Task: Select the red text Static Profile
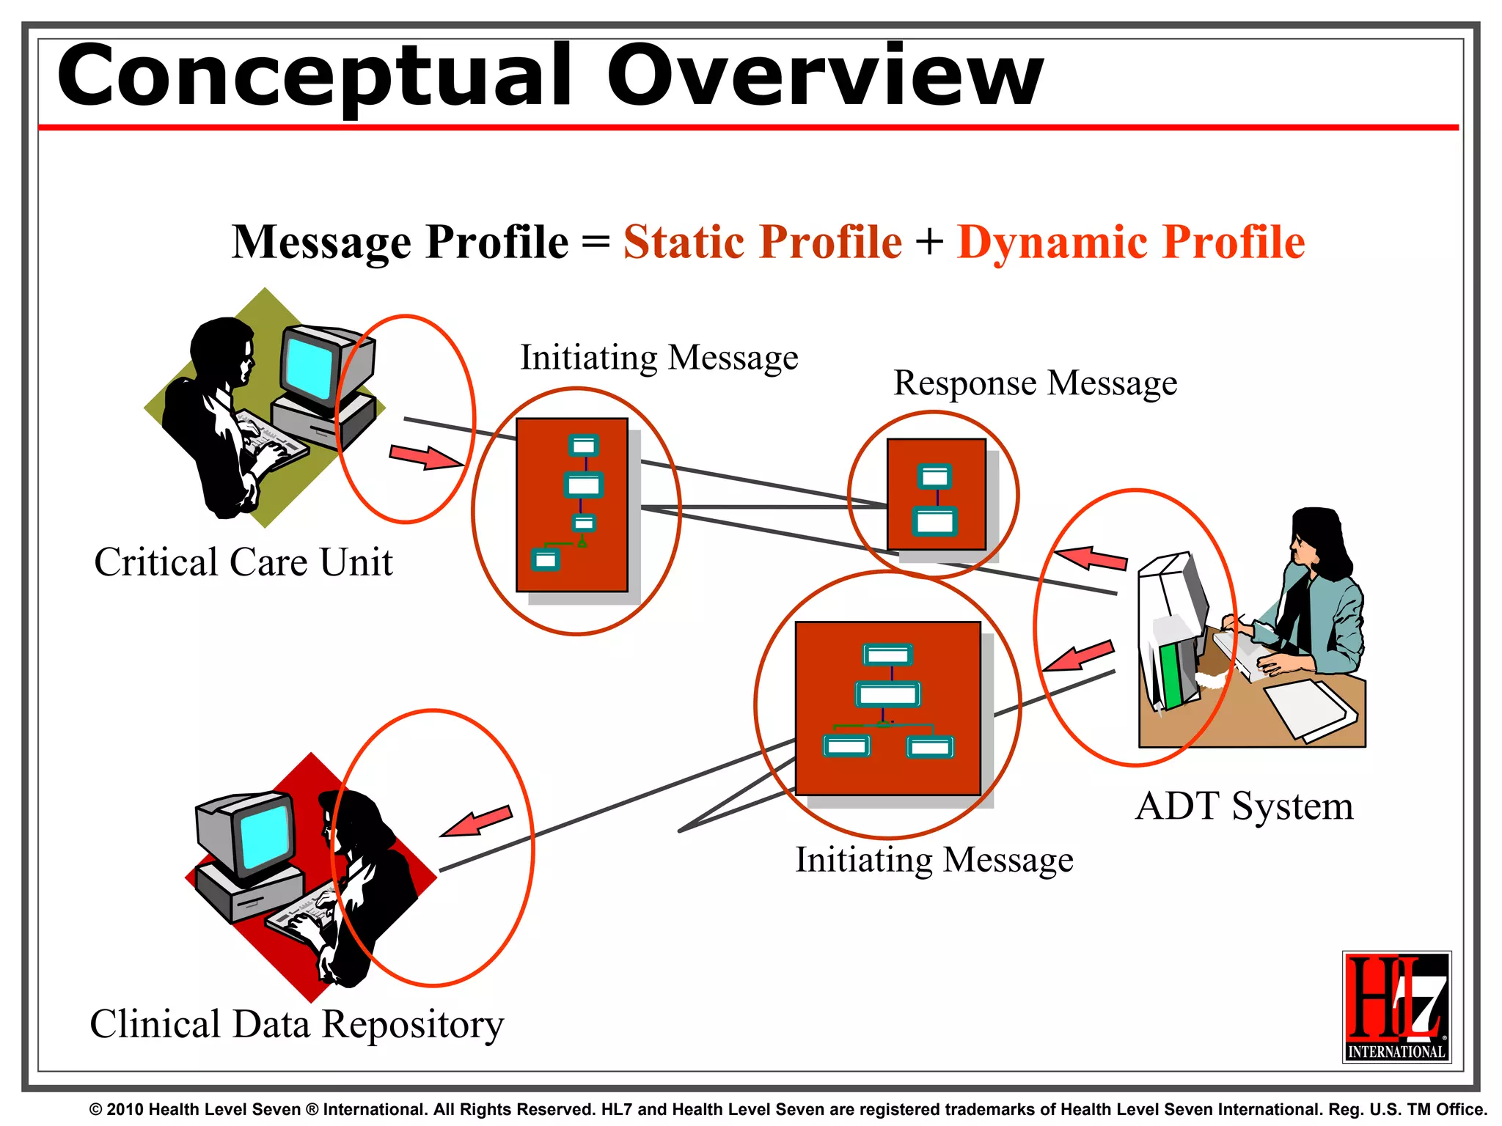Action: [x=762, y=242]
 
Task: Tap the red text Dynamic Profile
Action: [x=1131, y=242]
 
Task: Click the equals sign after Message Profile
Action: [x=595, y=242]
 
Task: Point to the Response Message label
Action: [x=1035, y=383]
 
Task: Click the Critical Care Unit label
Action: [x=243, y=563]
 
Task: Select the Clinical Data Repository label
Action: [x=296, y=1024]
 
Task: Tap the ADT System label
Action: [x=1244, y=806]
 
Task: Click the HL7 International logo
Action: [x=1396, y=1007]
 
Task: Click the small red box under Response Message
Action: [x=936, y=494]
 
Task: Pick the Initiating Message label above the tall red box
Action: [x=659, y=358]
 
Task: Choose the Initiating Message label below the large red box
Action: [x=934, y=860]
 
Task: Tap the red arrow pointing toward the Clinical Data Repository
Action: [x=477, y=821]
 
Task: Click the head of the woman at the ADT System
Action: [x=1316, y=539]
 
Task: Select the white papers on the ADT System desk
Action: [x=1309, y=707]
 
